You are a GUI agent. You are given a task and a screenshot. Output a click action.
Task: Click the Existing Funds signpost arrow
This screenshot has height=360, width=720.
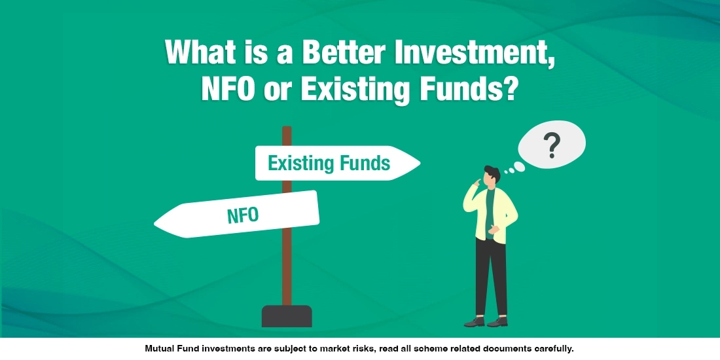pyautogui.click(x=337, y=163)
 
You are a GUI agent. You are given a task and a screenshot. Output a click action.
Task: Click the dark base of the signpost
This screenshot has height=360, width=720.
pyautogui.click(x=287, y=315)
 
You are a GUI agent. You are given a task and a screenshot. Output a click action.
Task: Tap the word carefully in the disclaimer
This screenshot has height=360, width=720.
pyautogui.click(x=552, y=349)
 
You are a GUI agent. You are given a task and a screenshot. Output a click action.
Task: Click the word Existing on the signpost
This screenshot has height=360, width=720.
pyautogui.click(x=295, y=163)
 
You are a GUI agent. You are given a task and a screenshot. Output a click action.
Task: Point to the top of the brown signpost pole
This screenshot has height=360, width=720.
pyautogui.click(x=287, y=130)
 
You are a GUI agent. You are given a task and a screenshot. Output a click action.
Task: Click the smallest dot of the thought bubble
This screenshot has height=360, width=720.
pyautogui.click(x=506, y=171)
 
